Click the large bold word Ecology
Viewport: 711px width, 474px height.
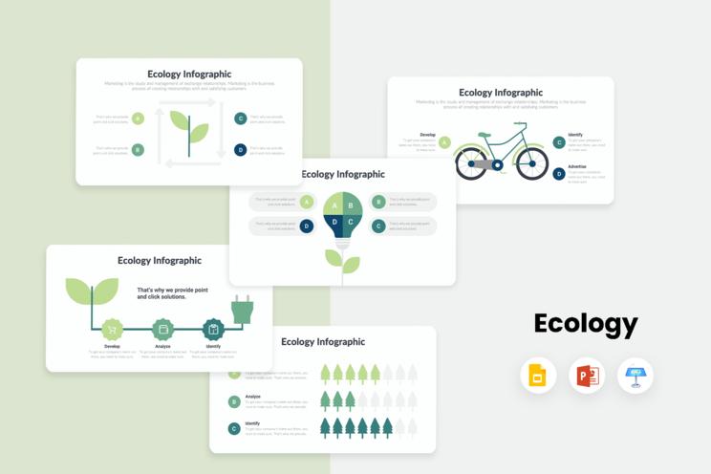point(585,324)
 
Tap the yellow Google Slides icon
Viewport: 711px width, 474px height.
point(538,376)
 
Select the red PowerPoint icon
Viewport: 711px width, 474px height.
point(586,376)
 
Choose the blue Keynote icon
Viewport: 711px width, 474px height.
point(635,376)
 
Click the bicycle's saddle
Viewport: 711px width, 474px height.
point(485,135)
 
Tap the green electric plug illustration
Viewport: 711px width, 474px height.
point(242,309)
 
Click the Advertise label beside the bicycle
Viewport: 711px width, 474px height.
point(577,166)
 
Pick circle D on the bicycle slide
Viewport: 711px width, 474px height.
point(559,173)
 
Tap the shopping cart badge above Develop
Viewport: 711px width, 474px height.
point(113,330)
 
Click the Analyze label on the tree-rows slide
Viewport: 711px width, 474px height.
point(253,396)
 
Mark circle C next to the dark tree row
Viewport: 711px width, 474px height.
point(234,429)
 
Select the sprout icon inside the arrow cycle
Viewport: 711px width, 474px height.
point(188,127)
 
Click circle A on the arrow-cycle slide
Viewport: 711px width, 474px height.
point(138,118)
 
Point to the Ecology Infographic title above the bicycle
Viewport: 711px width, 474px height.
point(501,93)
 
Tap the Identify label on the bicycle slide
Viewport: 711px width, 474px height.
point(575,135)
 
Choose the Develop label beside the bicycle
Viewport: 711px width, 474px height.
point(427,135)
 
